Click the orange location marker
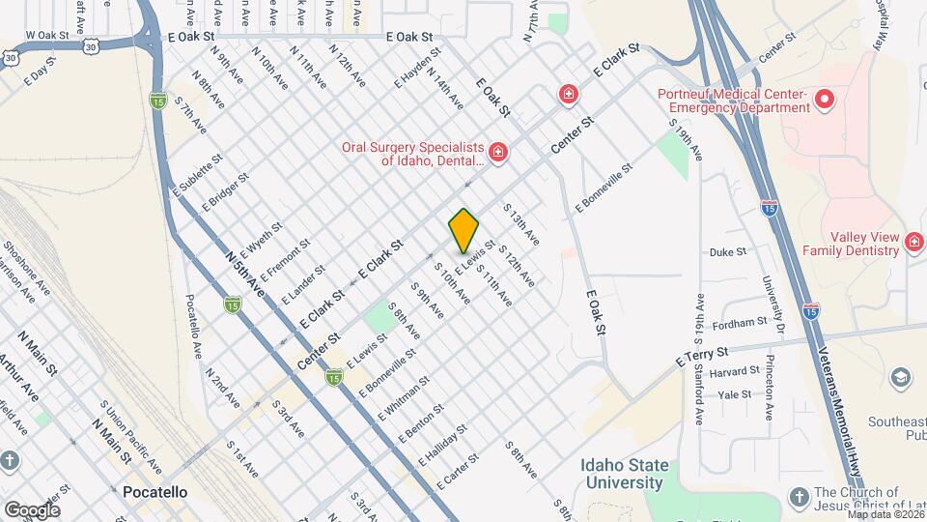point(463,229)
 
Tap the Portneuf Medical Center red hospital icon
point(825,99)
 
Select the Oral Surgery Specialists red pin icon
point(497,152)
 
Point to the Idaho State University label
point(625,474)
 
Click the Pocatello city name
point(155,492)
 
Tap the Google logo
point(32,509)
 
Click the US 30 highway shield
point(9,56)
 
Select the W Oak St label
point(47,35)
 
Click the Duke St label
point(728,252)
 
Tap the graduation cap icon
point(901,377)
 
